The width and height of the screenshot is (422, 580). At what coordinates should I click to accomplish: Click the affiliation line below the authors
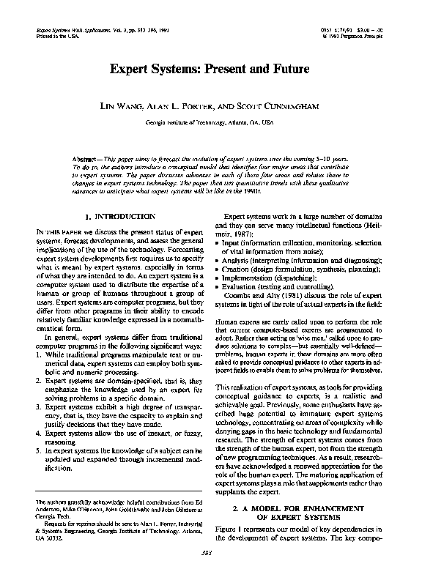[210, 122]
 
